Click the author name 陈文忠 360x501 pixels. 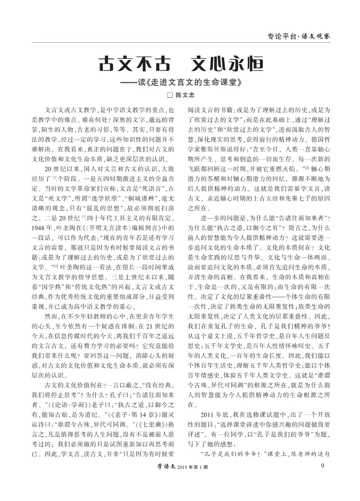185,96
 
